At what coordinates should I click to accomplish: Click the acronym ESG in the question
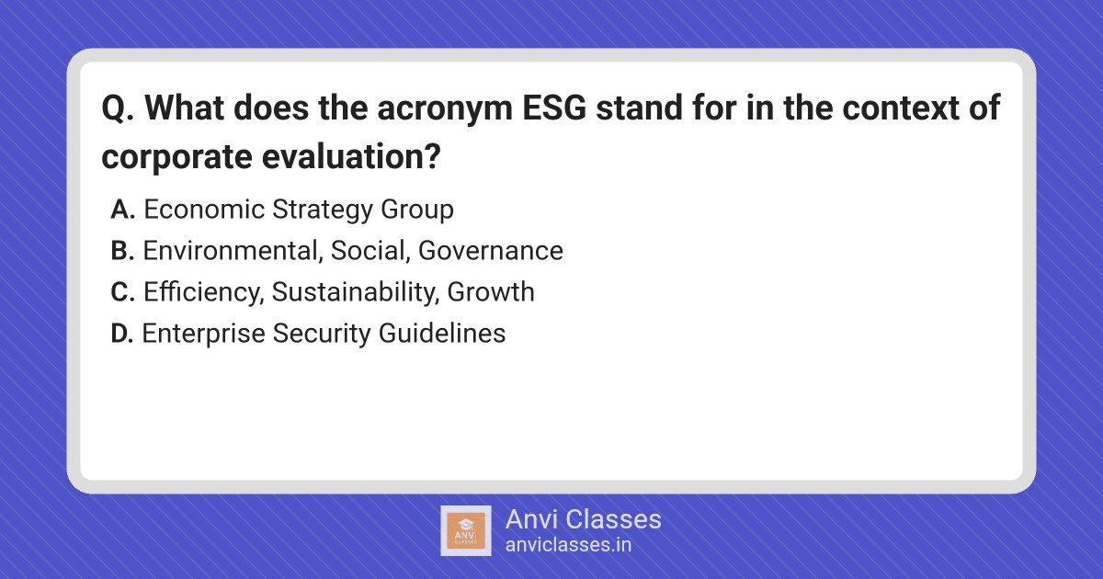pos(554,108)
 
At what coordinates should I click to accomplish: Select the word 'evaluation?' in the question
pos(350,156)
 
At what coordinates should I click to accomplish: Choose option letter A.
pos(122,210)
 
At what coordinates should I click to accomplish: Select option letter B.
pos(122,251)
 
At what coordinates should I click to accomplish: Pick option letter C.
pos(122,292)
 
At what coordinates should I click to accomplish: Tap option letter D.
pos(122,334)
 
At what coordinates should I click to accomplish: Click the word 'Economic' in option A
pos(204,210)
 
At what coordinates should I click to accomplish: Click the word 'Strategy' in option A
pos(323,211)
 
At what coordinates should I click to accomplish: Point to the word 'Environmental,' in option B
pos(233,251)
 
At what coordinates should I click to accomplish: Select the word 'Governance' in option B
pos(491,251)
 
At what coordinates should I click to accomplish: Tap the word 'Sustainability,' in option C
pos(355,293)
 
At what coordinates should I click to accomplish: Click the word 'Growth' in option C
pos(491,292)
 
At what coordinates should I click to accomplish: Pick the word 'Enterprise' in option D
pos(203,335)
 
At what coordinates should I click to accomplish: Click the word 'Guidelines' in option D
pos(442,334)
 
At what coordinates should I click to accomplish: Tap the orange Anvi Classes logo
pos(466,531)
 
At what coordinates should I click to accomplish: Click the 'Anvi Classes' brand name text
pos(584,519)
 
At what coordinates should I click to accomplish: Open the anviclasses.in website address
pos(568,545)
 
